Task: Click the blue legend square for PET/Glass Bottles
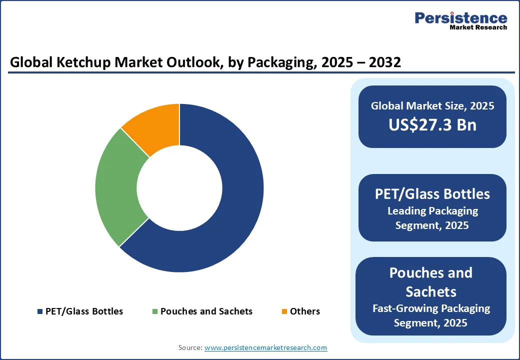pyautogui.click(x=40, y=311)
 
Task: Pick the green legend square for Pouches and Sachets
pyautogui.click(x=155, y=311)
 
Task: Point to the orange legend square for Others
pyautogui.click(x=284, y=311)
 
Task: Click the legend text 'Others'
pyautogui.click(x=305, y=311)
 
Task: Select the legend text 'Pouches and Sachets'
pyautogui.click(x=206, y=311)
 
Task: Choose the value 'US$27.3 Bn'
pyautogui.click(x=432, y=124)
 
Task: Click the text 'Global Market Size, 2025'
pyautogui.click(x=432, y=105)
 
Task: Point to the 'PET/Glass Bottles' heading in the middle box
pyautogui.click(x=432, y=193)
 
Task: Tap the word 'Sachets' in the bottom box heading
pyautogui.click(x=431, y=291)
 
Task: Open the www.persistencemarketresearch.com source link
pyautogui.click(x=265, y=347)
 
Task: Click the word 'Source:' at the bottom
pyautogui.click(x=190, y=347)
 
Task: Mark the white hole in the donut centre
pyautogui.click(x=179, y=188)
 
